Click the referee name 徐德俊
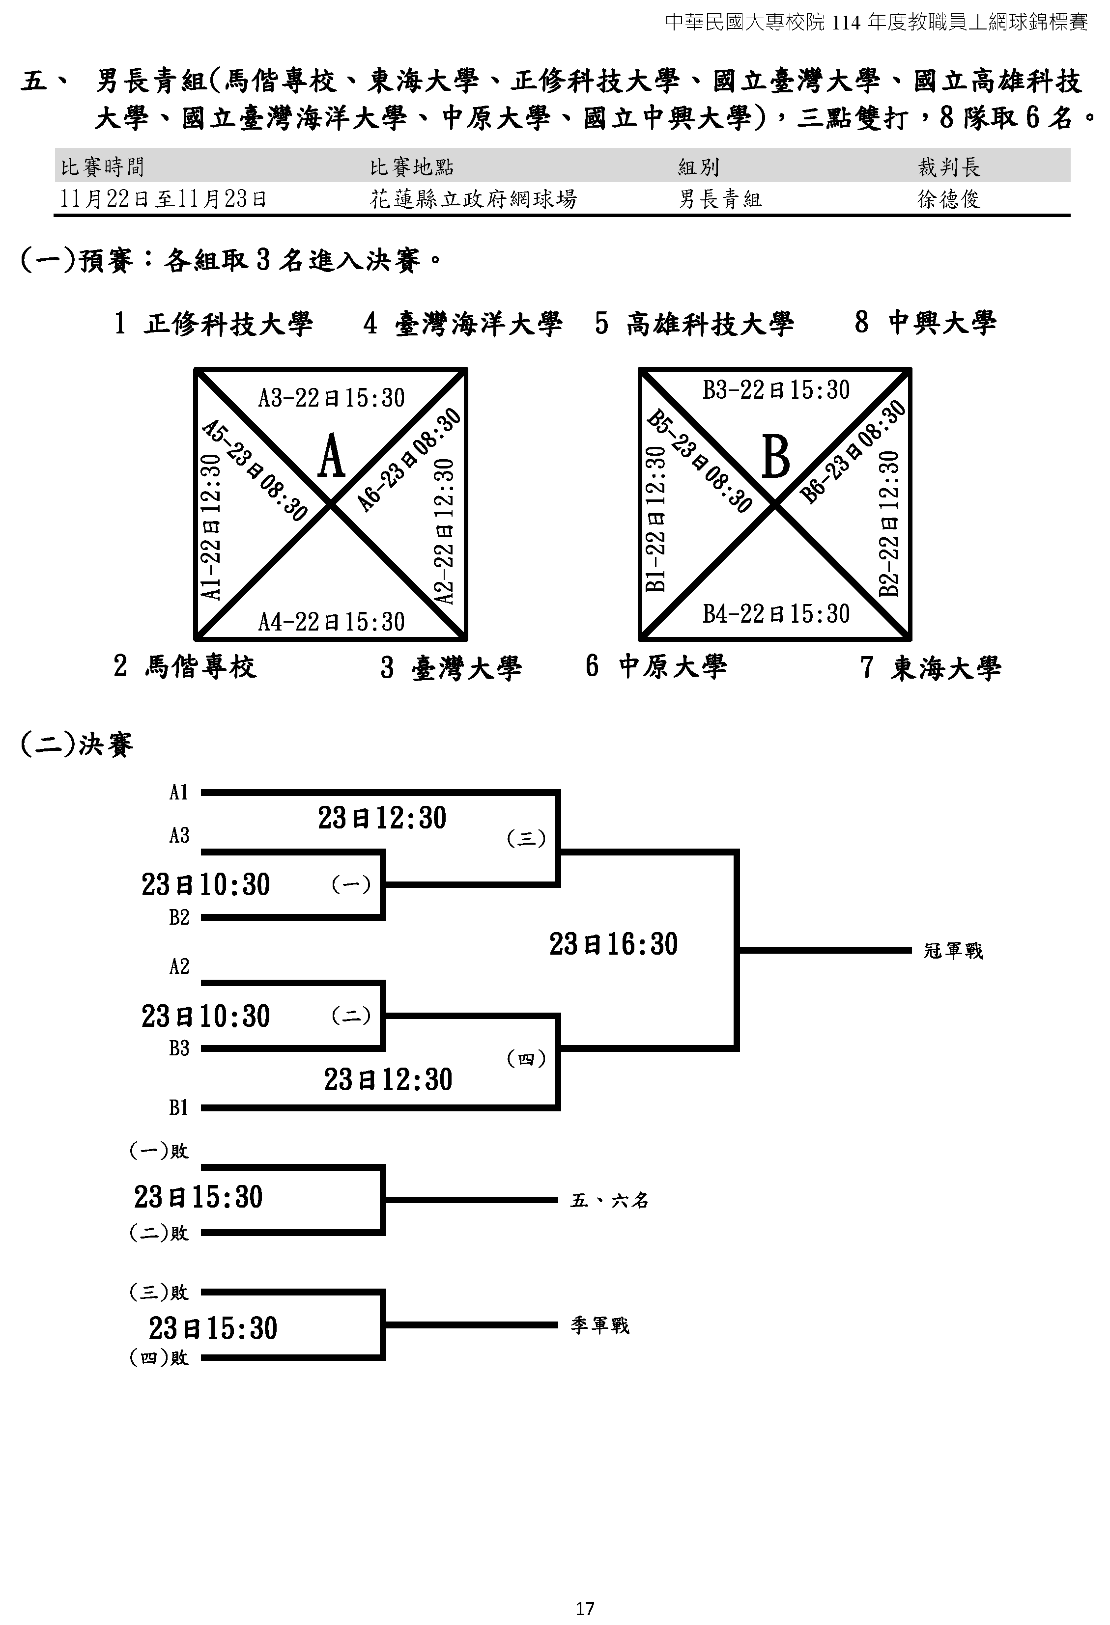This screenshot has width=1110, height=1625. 948,200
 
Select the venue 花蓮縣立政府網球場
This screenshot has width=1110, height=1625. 474,200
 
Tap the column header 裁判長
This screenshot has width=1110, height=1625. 948,167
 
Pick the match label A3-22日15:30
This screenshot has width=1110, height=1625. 332,398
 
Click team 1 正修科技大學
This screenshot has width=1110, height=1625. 213,324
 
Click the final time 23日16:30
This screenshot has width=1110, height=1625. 613,944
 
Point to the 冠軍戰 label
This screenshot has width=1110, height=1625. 953,951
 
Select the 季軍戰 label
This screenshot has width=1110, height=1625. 600,1326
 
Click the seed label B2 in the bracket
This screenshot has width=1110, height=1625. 179,917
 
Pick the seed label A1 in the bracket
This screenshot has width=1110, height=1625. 179,792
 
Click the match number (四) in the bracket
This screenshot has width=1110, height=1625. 526,1059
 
